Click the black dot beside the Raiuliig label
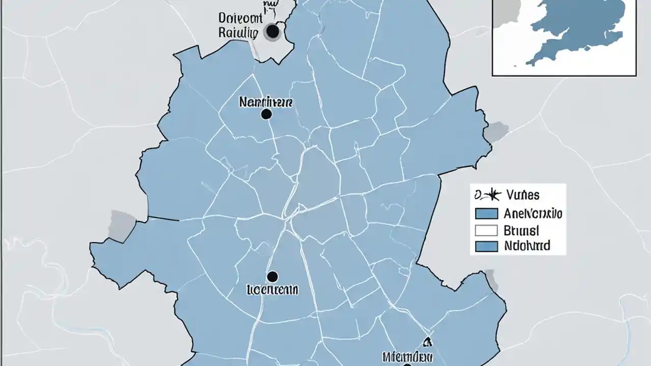[x=273, y=32]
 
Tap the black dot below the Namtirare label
[x=266, y=114]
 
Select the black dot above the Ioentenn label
[x=272, y=277]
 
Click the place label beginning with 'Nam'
[x=265, y=102]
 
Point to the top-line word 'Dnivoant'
[x=241, y=18]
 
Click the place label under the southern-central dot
[x=273, y=290]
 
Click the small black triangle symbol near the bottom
[x=426, y=342]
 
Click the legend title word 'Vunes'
[x=523, y=194]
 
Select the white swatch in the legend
[x=486, y=230]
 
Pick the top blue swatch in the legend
[x=486, y=214]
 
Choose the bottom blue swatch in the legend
[x=486, y=247]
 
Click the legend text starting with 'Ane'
[x=532, y=213]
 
